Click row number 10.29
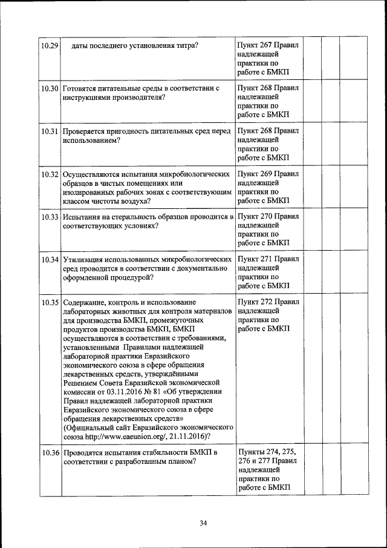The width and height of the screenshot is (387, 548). pos(48,45)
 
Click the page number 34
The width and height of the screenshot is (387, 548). pos(203,523)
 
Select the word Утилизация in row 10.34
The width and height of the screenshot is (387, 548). pos(83,260)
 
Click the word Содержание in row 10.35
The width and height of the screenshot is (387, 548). pos(84,302)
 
